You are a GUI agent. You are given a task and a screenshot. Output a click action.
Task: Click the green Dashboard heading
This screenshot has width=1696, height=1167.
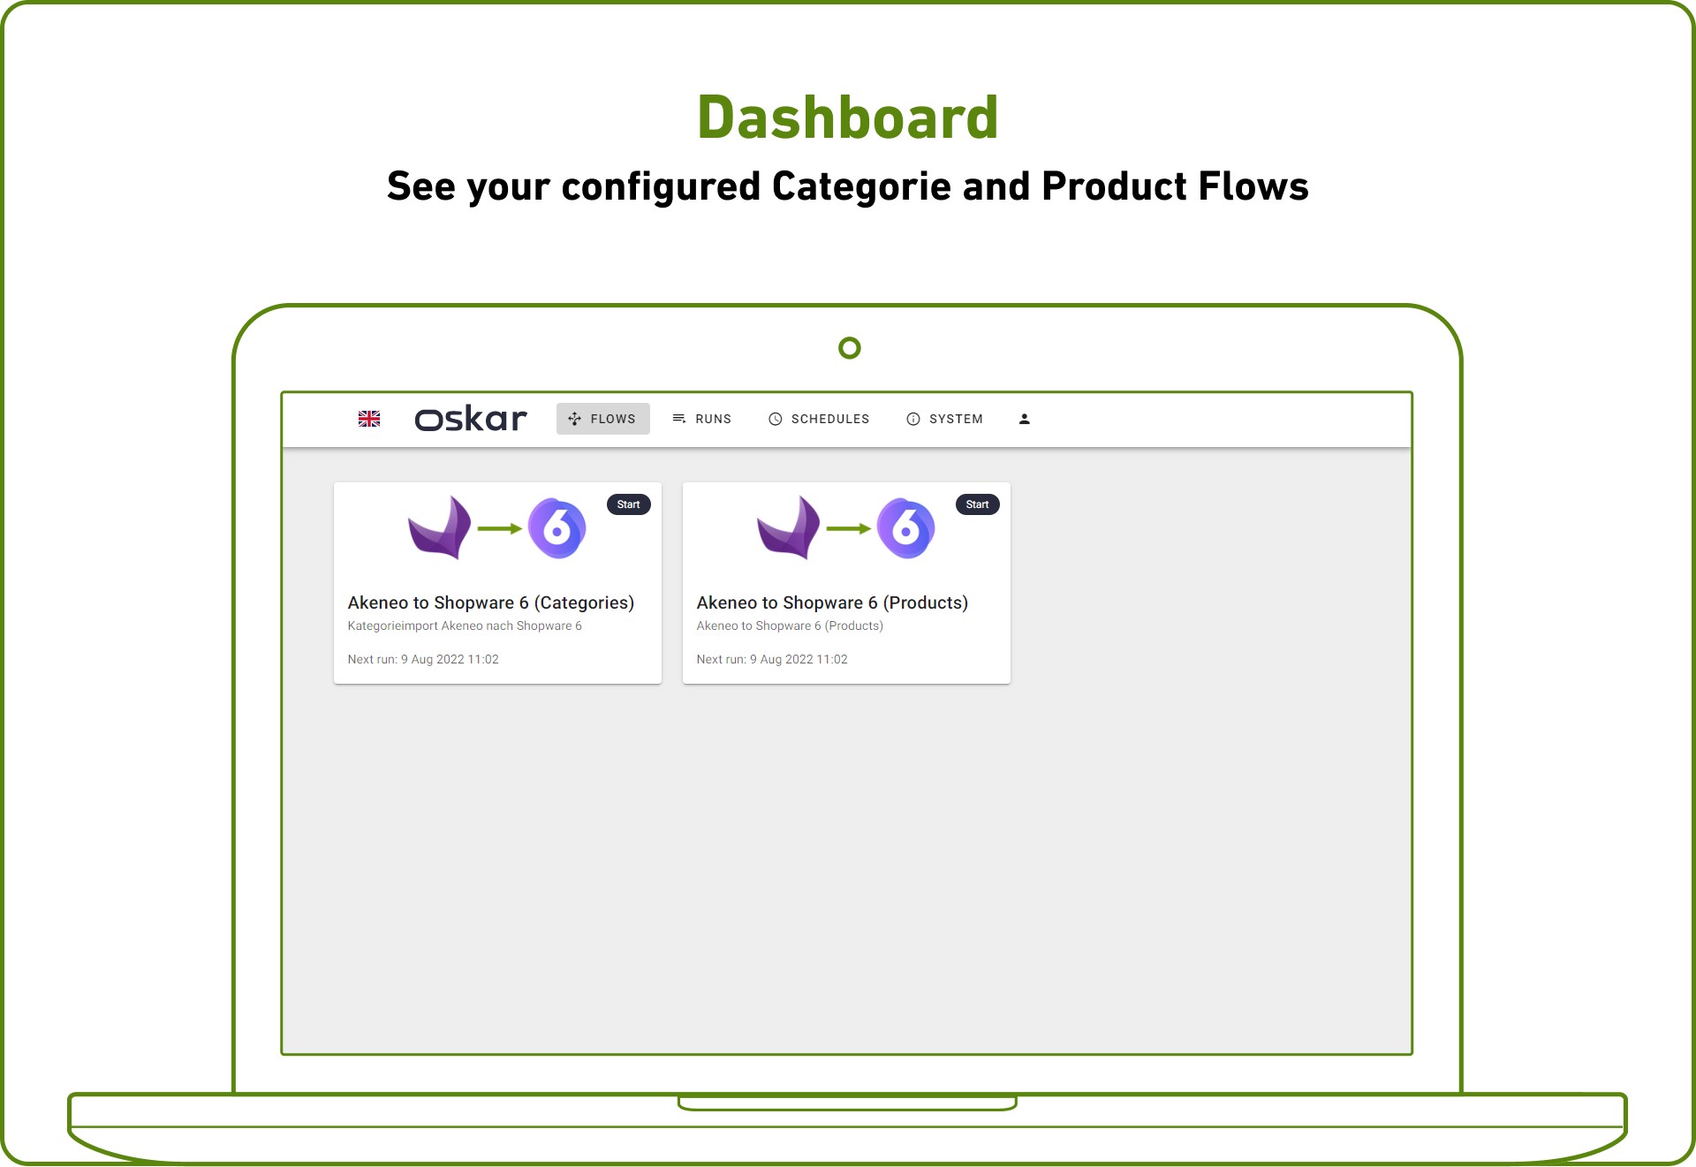click(x=848, y=117)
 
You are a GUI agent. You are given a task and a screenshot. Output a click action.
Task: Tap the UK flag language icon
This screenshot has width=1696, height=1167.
click(x=369, y=419)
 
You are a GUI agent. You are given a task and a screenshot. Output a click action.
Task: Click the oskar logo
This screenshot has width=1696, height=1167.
click(x=471, y=419)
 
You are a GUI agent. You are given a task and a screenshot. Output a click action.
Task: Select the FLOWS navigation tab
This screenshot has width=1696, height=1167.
click(x=603, y=419)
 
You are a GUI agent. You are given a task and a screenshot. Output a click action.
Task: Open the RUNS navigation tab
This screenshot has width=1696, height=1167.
click(x=702, y=419)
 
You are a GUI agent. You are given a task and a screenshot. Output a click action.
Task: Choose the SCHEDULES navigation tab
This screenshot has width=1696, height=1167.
click(x=819, y=419)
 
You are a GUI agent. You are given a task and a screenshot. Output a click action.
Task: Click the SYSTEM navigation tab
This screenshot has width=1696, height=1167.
click(x=944, y=419)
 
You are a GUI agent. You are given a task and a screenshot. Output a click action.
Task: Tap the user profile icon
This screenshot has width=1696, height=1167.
click(x=1025, y=419)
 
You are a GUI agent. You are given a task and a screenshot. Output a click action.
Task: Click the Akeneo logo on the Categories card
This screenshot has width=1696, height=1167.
click(x=439, y=527)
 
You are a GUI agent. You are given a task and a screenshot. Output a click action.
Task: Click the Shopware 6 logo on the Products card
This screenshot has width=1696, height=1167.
click(x=905, y=528)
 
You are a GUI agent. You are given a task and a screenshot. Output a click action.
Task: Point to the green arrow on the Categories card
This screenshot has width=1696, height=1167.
click(x=500, y=528)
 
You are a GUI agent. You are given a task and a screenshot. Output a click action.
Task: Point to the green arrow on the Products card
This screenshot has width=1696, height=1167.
click(x=849, y=528)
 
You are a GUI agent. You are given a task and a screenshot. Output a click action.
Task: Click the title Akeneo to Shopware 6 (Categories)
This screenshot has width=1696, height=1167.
click(x=491, y=602)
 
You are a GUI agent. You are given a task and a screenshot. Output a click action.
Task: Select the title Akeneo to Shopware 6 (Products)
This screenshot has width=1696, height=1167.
click(x=832, y=602)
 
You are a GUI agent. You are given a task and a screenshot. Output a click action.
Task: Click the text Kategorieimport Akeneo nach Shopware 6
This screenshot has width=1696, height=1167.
click(x=465, y=625)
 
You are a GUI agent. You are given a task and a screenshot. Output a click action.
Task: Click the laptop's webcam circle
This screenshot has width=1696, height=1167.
click(x=850, y=348)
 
